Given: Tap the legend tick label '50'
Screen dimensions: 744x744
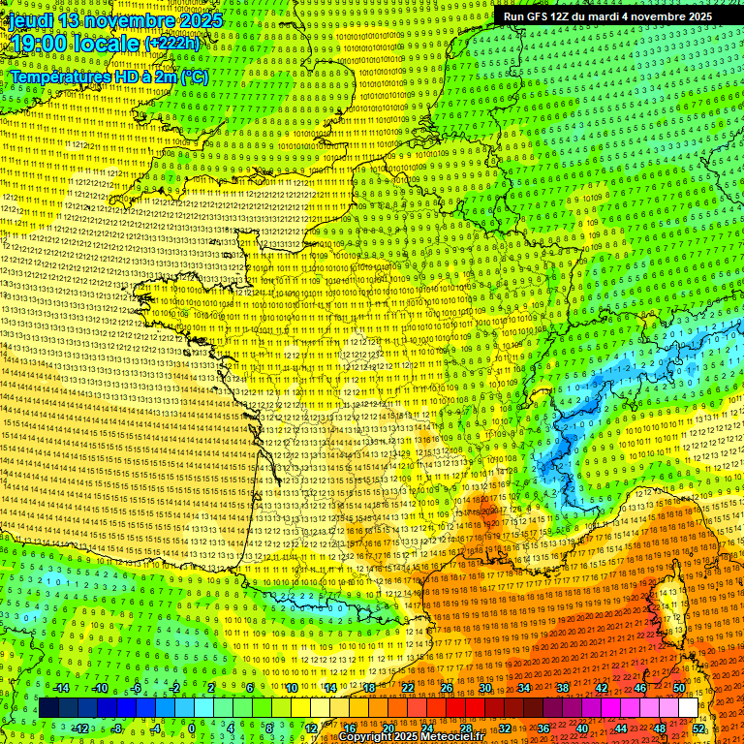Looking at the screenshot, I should pos(678,688).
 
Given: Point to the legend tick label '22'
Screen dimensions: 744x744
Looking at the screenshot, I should pos(408,688).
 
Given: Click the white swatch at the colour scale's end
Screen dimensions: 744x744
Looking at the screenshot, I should pos(688,708).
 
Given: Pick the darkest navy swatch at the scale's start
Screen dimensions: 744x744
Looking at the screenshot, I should pos(48,708).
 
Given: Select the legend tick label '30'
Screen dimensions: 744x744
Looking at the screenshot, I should pos(485,688).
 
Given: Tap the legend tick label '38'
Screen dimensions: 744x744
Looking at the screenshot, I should pos(563,688).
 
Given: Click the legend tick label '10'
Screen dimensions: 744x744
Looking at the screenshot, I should pos(291,688).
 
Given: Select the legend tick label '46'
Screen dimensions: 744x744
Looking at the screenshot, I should pos(640,688).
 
